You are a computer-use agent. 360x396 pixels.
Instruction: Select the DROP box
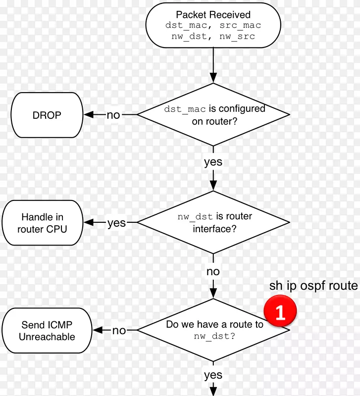[x=47, y=115]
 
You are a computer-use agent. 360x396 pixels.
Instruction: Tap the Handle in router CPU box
[x=42, y=223]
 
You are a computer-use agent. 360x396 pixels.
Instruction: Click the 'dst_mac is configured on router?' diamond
[x=213, y=115]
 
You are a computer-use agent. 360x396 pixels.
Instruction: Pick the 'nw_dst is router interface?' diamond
[x=213, y=223]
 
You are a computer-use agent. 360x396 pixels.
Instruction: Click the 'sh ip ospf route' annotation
[x=313, y=286]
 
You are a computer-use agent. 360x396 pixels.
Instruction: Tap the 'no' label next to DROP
[x=113, y=115]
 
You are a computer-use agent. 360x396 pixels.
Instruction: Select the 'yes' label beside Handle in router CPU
[x=116, y=223]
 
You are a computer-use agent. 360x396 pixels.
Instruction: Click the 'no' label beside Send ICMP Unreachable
[x=119, y=331]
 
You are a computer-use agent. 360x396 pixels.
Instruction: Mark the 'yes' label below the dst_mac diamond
[x=213, y=162]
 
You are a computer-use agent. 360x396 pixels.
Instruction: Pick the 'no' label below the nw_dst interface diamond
[x=213, y=271]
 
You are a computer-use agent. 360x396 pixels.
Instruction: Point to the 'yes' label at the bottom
[x=213, y=375]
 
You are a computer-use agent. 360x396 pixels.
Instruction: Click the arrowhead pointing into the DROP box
[x=89, y=115]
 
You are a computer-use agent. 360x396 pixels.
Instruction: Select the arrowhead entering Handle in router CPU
[x=89, y=223]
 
